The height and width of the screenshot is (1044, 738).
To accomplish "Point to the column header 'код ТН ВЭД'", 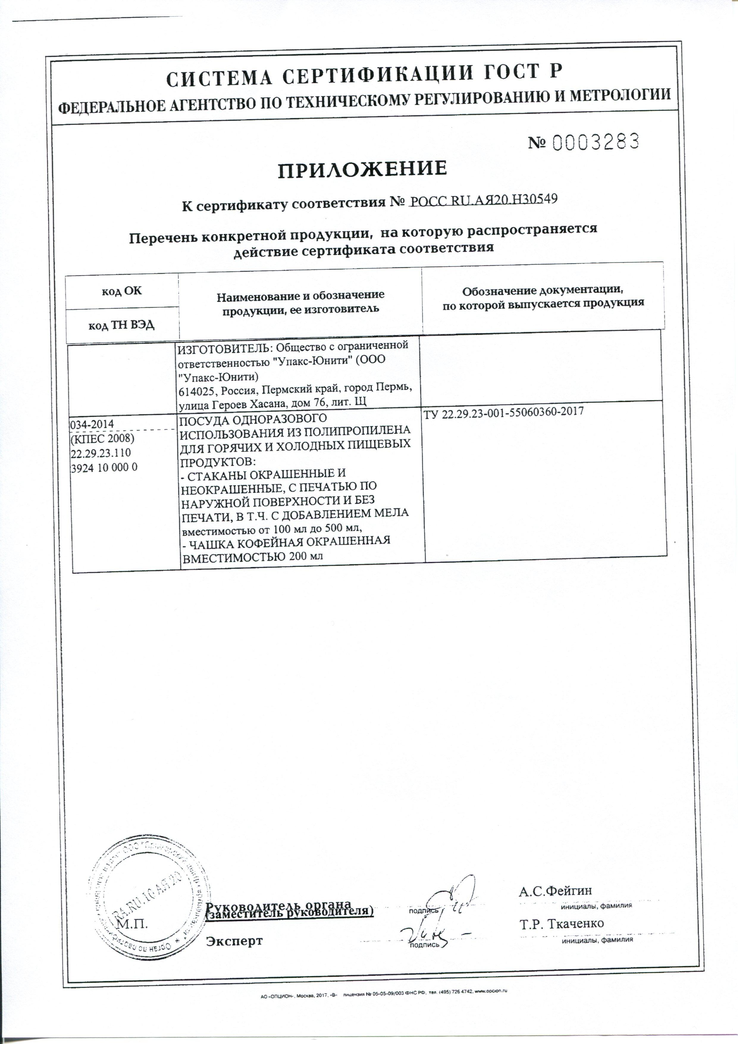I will click(x=121, y=325).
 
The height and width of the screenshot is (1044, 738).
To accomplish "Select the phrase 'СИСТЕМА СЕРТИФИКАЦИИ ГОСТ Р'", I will click(x=364, y=75).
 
